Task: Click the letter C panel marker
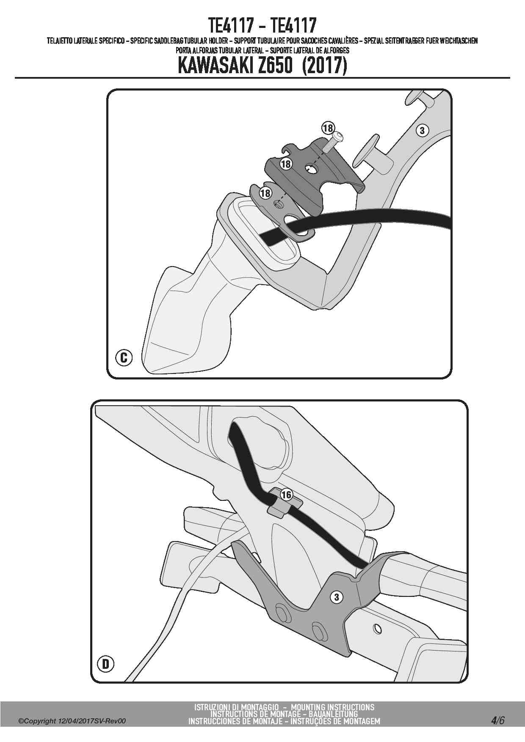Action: coord(124,358)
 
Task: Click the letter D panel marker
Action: coord(105,664)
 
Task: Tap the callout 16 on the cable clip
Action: coord(286,495)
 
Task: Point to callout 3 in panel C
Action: coord(422,130)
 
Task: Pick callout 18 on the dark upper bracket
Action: coord(286,164)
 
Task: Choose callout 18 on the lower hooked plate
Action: coord(265,193)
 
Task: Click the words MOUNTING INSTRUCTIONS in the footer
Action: coord(333,707)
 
